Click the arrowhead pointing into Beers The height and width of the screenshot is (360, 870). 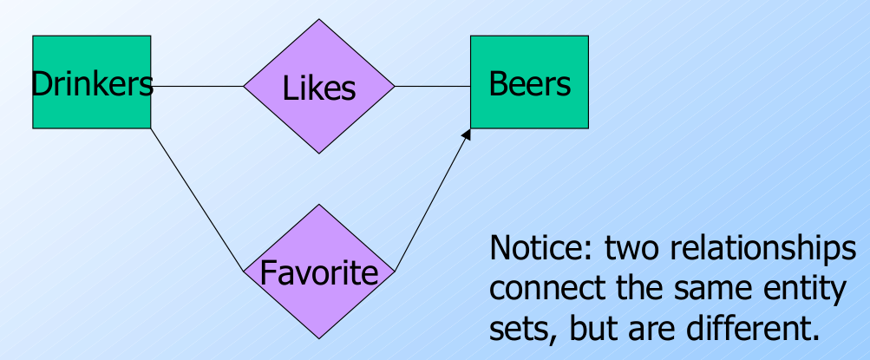click(467, 134)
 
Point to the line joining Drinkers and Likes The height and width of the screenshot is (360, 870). click(198, 87)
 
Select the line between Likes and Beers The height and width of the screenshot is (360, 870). click(432, 87)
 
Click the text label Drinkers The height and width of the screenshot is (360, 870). click(92, 83)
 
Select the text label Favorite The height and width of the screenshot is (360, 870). click(319, 274)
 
